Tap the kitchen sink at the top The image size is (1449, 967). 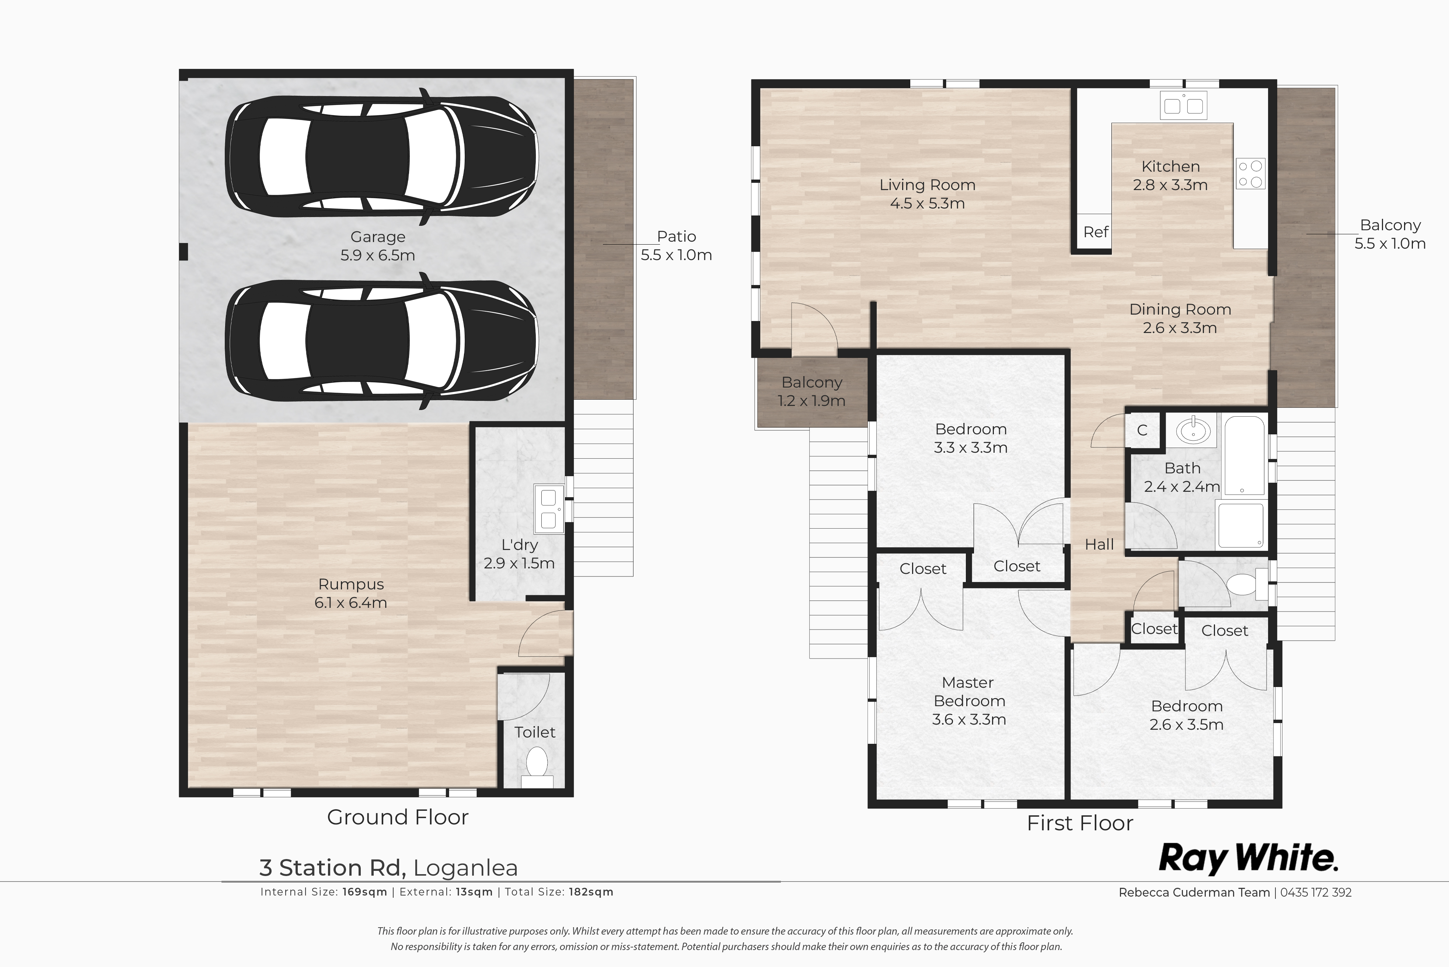(1183, 105)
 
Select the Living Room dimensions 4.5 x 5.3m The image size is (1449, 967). (927, 203)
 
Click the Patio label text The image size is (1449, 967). (677, 236)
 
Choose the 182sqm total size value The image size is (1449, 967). (591, 892)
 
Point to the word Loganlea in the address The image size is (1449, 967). (466, 868)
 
